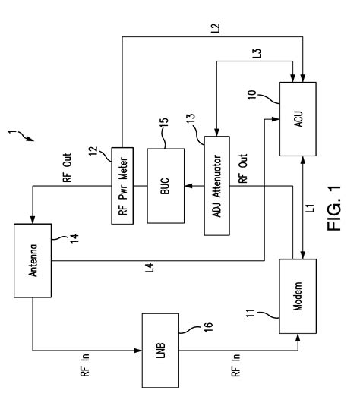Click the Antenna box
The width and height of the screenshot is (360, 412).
tap(31, 248)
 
